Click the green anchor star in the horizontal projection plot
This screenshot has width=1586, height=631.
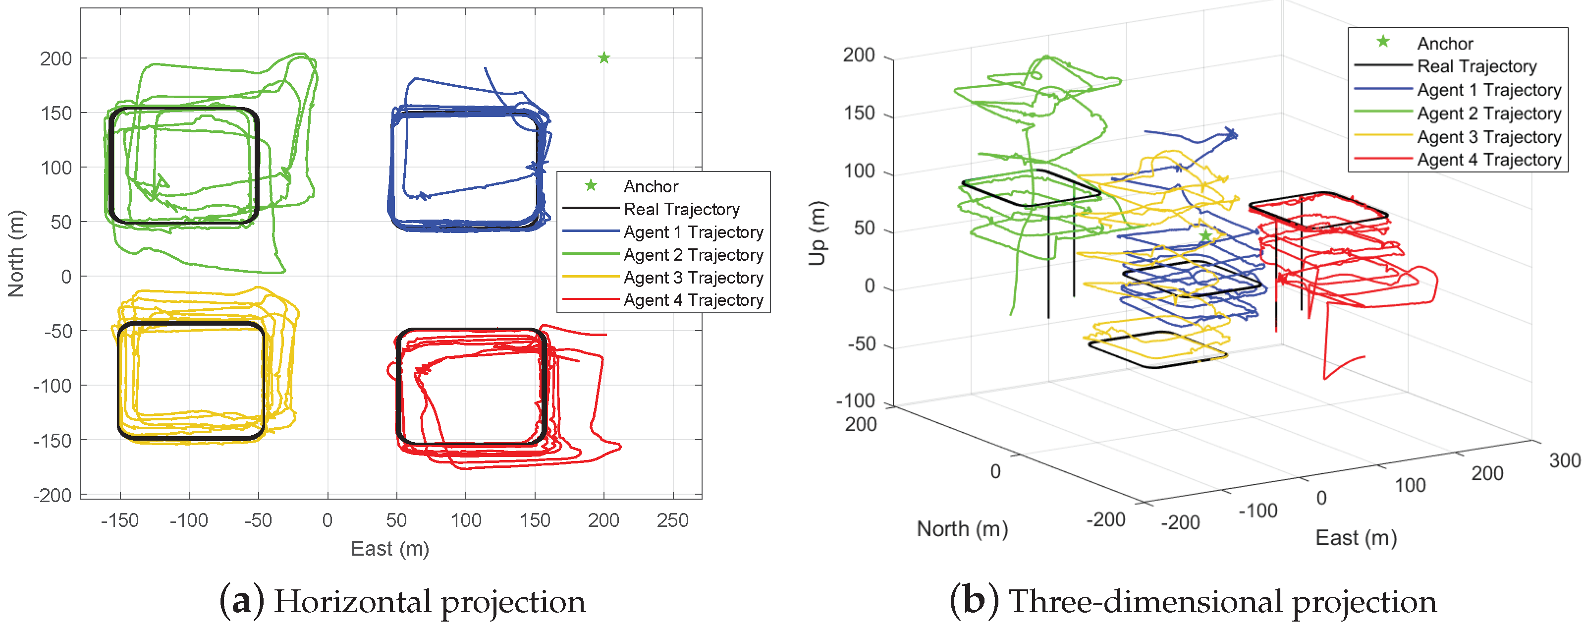(x=604, y=58)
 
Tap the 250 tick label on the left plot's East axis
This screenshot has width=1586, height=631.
(x=672, y=520)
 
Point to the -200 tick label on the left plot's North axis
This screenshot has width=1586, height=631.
(x=53, y=496)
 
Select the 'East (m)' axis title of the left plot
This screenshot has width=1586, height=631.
(x=390, y=548)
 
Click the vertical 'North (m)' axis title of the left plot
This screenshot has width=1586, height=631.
(x=16, y=254)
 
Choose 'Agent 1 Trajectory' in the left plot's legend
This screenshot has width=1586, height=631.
(x=693, y=232)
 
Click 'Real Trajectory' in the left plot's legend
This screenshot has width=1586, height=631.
(x=682, y=210)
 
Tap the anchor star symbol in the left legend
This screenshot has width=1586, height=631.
(x=591, y=185)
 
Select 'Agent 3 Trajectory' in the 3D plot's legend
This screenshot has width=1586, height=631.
(x=1489, y=137)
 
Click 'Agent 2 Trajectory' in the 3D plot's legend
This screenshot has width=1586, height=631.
(x=1489, y=114)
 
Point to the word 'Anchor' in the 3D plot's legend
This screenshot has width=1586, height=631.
(x=1445, y=44)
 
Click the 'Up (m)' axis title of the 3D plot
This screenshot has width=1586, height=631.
(x=817, y=233)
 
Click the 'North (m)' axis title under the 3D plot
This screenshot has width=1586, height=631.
(x=962, y=529)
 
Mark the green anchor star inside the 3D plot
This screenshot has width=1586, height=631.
(x=1205, y=236)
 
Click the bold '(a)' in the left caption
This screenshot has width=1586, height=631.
(x=242, y=602)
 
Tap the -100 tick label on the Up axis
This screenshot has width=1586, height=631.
(x=856, y=401)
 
